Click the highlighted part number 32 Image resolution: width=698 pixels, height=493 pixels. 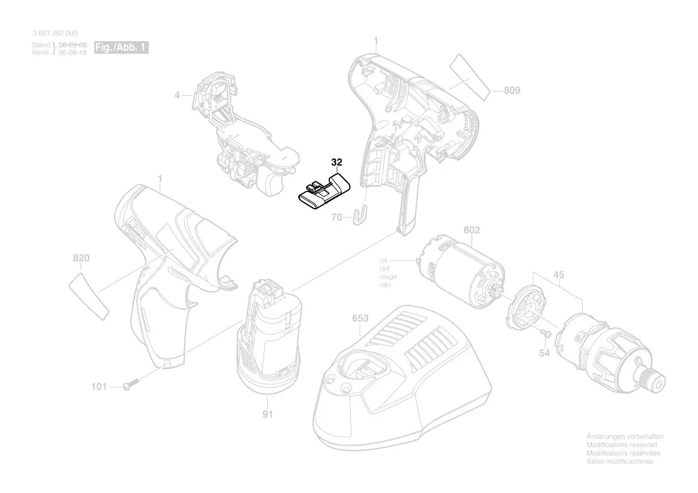pyautogui.click(x=336, y=163)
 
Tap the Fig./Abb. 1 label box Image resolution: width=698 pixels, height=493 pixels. pyautogui.click(x=121, y=47)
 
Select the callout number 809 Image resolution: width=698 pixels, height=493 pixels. pyautogui.click(x=512, y=91)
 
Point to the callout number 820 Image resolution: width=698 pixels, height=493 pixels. pyautogui.click(x=81, y=258)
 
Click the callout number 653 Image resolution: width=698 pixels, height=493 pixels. pyautogui.click(x=360, y=319)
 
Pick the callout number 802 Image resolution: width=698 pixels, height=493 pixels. pyautogui.click(x=472, y=230)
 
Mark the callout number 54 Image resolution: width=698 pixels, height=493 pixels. pyautogui.click(x=544, y=354)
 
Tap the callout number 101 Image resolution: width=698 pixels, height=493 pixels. pyautogui.click(x=99, y=387)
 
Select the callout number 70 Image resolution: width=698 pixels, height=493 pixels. pyautogui.click(x=336, y=218)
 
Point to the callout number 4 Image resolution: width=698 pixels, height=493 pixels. pyautogui.click(x=177, y=94)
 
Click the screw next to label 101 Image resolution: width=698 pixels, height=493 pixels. pyautogui.click(x=130, y=385)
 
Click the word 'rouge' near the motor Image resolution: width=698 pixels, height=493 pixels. pyautogui.click(x=388, y=277)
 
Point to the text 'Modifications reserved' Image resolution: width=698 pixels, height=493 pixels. pyautogui.click(x=622, y=445)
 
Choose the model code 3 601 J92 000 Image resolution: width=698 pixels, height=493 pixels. pyautogui.click(x=54, y=33)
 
